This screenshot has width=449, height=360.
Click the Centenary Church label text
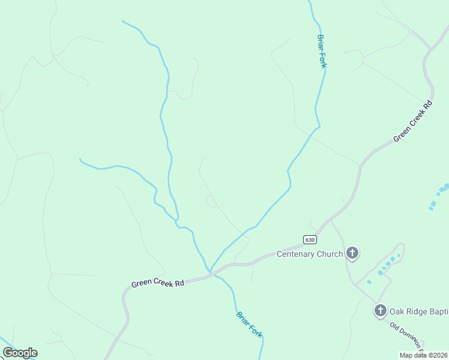pos(309,254)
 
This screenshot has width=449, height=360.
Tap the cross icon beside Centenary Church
pos(352,254)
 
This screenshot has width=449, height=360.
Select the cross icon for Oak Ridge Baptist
pos(380,311)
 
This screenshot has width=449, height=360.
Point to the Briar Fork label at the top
pos(321,51)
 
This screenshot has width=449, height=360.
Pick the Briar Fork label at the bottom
pos(249,325)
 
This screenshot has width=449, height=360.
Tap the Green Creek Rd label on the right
pos(413,122)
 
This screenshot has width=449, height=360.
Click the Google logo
pos(20,353)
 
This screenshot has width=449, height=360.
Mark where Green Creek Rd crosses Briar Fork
pos(211,274)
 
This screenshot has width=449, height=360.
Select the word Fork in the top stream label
pos(322,60)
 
